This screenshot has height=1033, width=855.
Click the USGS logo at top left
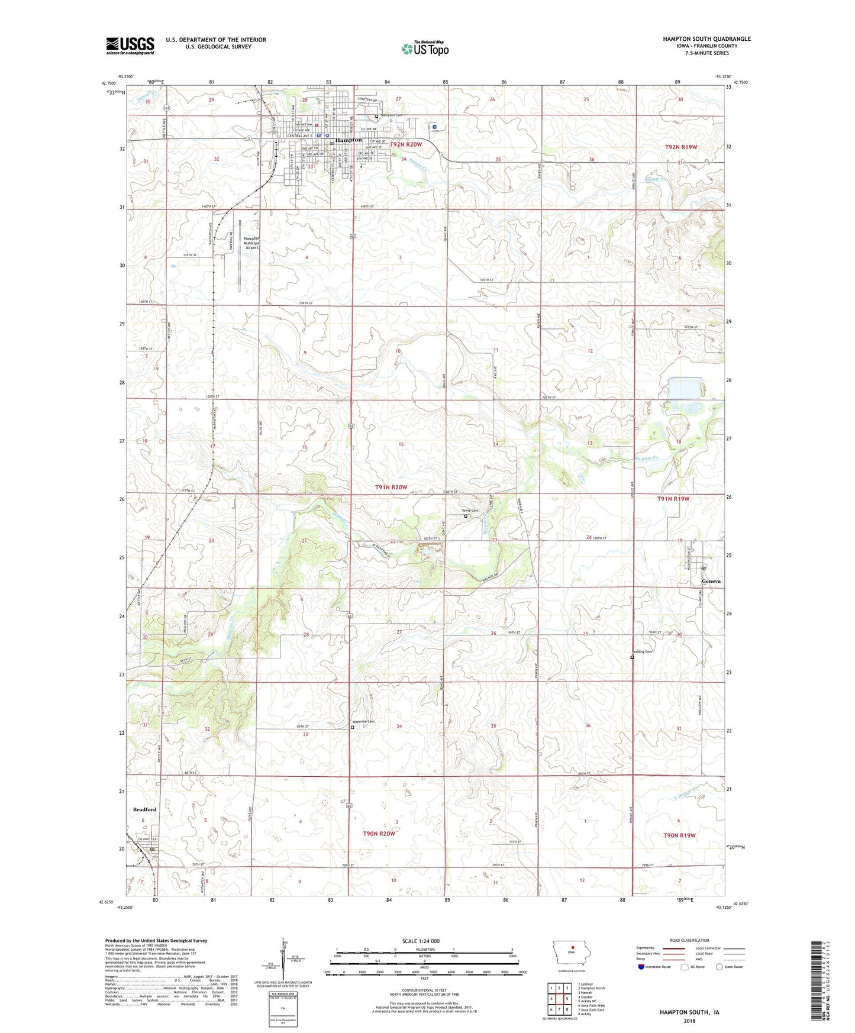130,46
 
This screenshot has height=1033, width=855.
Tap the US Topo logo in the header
425,49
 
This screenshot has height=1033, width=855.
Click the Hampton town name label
349,140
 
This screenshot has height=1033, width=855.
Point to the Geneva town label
711,581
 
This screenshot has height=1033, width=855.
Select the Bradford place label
144,809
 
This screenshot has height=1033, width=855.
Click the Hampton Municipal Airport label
251,243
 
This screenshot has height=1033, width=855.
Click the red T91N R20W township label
391,487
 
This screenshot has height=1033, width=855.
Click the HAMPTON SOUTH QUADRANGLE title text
706,39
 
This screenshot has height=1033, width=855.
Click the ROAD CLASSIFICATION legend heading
689,940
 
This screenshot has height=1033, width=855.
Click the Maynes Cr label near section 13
647,458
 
